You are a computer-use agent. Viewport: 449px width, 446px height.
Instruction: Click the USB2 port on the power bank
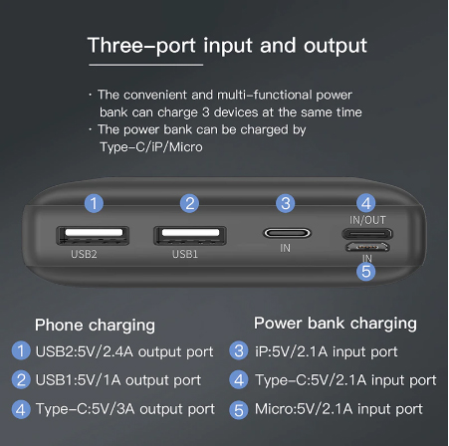tap(93, 236)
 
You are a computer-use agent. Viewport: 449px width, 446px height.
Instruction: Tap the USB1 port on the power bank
tap(190, 236)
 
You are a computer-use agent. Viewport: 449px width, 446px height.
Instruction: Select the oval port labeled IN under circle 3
tap(287, 233)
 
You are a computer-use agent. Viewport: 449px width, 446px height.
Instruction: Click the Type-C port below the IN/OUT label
tap(367, 234)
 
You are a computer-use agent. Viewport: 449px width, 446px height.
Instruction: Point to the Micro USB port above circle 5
tap(367, 247)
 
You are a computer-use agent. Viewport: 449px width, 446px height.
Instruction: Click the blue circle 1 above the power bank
tap(94, 203)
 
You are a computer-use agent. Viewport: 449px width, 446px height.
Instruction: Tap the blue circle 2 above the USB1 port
tap(190, 203)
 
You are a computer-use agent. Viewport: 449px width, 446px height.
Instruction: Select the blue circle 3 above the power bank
tap(286, 203)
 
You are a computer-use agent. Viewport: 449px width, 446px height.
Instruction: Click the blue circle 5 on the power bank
tap(366, 272)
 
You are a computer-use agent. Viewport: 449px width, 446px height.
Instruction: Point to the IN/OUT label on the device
tap(367, 220)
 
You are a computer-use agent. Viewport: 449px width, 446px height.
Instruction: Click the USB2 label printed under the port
tap(84, 254)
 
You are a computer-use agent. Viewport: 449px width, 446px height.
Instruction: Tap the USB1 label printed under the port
tap(185, 254)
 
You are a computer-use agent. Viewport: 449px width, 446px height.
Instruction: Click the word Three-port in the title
tap(141, 46)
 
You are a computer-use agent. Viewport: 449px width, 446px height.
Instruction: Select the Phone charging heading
tap(95, 326)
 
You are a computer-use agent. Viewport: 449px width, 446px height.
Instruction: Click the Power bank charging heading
tap(336, 324)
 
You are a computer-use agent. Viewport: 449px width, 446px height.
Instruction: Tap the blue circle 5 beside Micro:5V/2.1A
tap(239, 410)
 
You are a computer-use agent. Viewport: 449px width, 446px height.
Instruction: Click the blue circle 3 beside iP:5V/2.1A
tap(239, 350)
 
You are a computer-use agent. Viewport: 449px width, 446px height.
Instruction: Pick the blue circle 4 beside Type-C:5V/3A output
tap(21, 409)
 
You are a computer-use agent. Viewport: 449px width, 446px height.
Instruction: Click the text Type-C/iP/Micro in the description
tap(151, 147)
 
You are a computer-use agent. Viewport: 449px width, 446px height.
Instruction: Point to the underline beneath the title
tap(146, 65)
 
